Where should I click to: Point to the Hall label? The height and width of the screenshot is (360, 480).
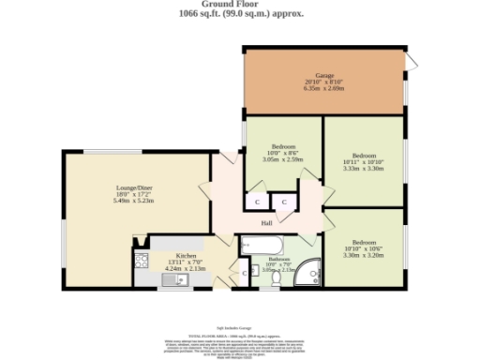(266, 222)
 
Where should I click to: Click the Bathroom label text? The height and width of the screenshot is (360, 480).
(279, 258)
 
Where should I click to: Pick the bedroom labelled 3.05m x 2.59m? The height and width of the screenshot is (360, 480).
(283, 153)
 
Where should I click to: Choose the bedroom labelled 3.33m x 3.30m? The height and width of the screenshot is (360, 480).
(364, 161)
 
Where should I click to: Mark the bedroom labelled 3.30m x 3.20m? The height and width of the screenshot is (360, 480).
(365, 247)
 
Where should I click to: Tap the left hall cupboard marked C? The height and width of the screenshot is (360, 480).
(256, 202)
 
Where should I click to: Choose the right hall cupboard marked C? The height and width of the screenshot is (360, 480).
(283, 202)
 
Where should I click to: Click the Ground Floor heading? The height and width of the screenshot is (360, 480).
(239, 5)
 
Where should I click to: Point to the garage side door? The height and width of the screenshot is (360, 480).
(410, 63)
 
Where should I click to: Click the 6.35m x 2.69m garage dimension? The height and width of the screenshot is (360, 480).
(325, 88)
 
